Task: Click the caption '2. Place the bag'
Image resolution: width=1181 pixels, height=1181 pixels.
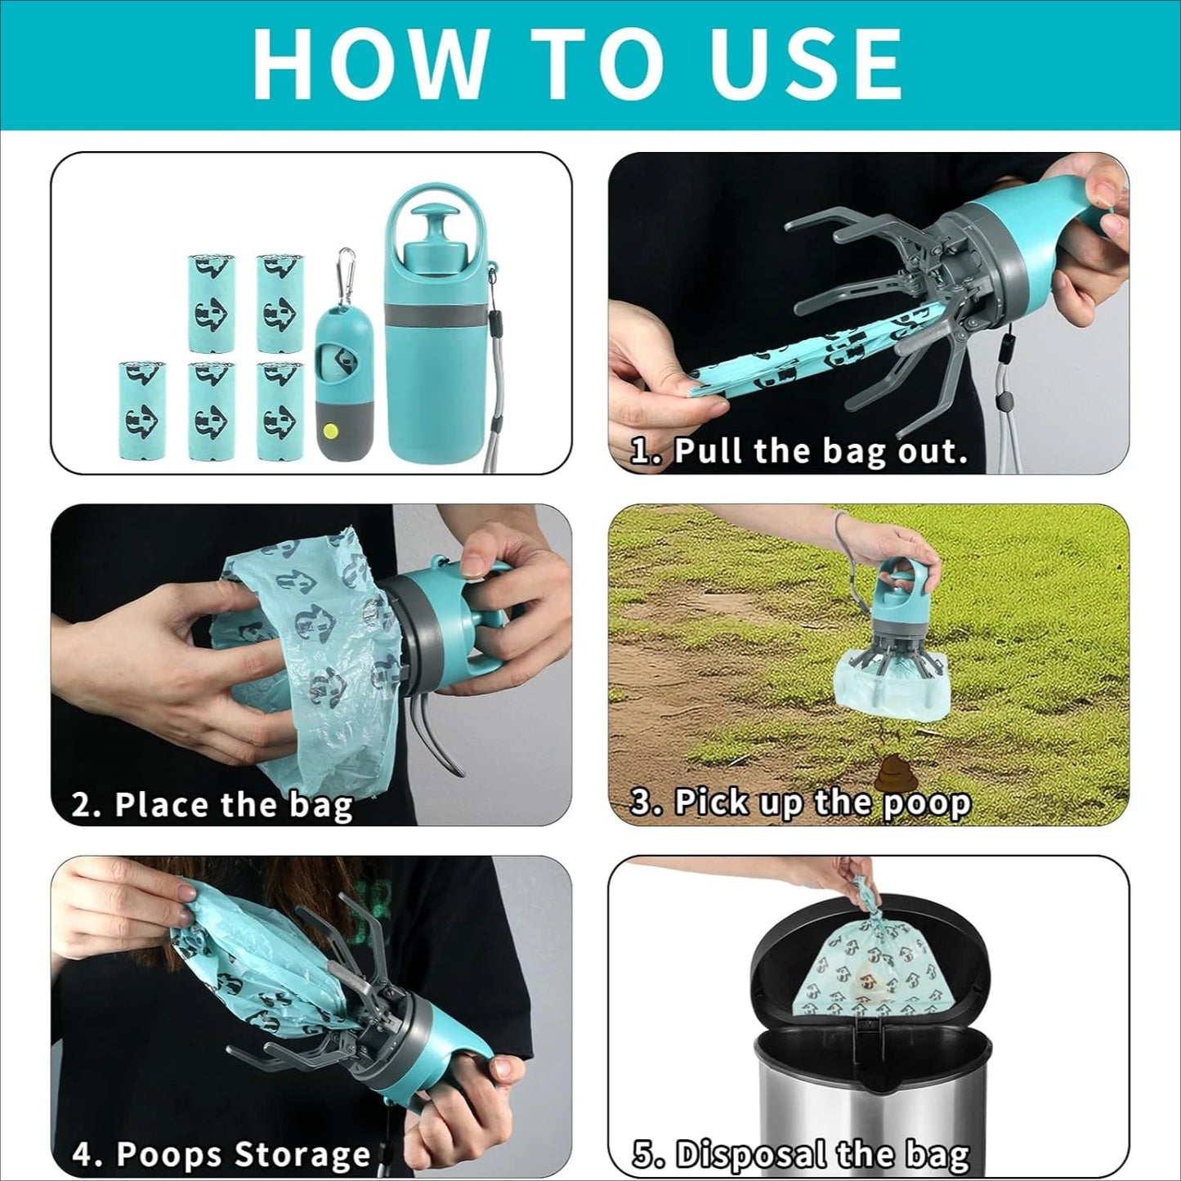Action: click(212, 805)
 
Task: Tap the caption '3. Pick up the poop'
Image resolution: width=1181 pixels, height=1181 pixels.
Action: click(801, 803)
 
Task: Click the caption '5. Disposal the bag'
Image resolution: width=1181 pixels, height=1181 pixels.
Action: click(801, 1154)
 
